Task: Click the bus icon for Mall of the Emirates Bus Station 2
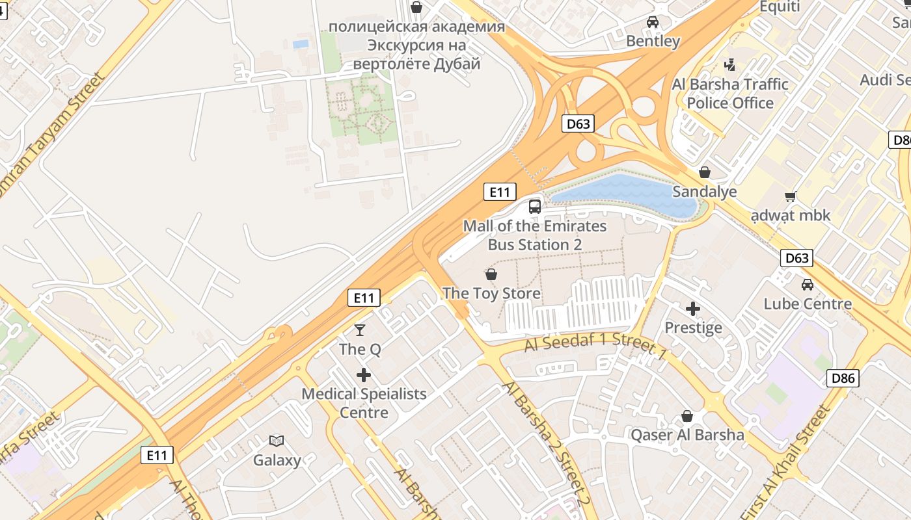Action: [x=535, y=207]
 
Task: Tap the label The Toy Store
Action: [x=491, y=294]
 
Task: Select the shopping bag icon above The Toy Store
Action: [x=491, y=274]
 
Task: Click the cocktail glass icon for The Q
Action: [x=360, y=330]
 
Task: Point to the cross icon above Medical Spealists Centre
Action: [x=364, y=375]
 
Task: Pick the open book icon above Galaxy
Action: [x=277, y=441]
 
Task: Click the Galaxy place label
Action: [x=277, y=461]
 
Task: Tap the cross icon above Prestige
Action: [x=693, y=309]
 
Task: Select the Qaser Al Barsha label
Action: [x=687, y=435]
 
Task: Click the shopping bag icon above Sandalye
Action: [x=704, y=172]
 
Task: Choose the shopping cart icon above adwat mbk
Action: [x=791, y=196]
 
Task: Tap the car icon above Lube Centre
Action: [x=808, y=285]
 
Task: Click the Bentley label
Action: [x=653, y=42]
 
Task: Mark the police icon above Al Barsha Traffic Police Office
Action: [x=730, y=65]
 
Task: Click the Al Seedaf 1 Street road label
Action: [x=595, y=344]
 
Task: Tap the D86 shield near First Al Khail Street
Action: [x=843, y=378]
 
